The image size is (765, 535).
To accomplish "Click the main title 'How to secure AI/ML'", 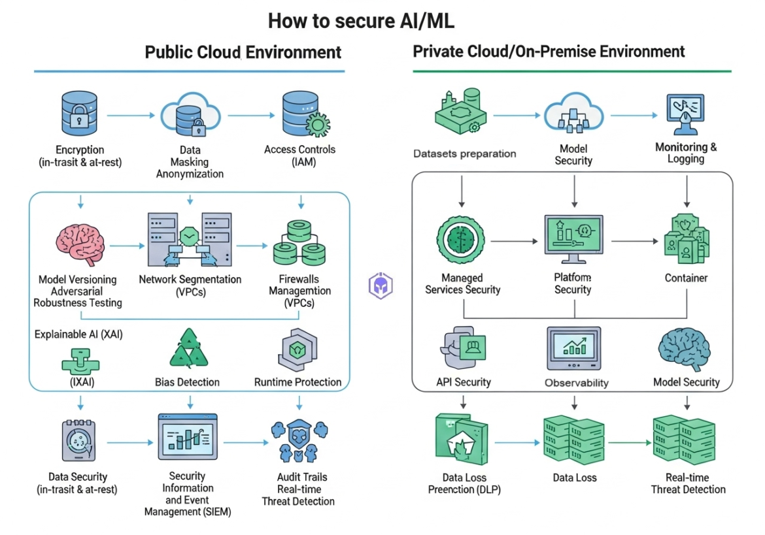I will click(x=360, y=21).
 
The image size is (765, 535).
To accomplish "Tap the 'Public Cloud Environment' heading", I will click(x=243, y=52).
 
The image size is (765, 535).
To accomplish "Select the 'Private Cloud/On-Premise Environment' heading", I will click(x=549, y=51).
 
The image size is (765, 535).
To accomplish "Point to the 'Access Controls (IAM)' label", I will click(x=299, y=155).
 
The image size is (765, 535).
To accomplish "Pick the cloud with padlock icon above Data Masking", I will click(x=190, y=116).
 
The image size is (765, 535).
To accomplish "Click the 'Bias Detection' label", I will click(x=187, y=382).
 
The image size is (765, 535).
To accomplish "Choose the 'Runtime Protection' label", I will click(x=298, y=382).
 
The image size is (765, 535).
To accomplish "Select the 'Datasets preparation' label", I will click(x=464, y=154).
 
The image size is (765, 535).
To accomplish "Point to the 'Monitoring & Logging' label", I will click(x=686, y=153).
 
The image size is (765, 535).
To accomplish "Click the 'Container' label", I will click(x=686, y=278).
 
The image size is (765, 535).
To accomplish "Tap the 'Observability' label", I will click(x=576, y=383).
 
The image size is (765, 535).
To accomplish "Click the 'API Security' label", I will click(x=463, y=382).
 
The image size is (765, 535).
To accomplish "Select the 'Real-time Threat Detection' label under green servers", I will click(x=688, y=483).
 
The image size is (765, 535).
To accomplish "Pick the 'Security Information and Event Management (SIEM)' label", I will click(x=187, y=494).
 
